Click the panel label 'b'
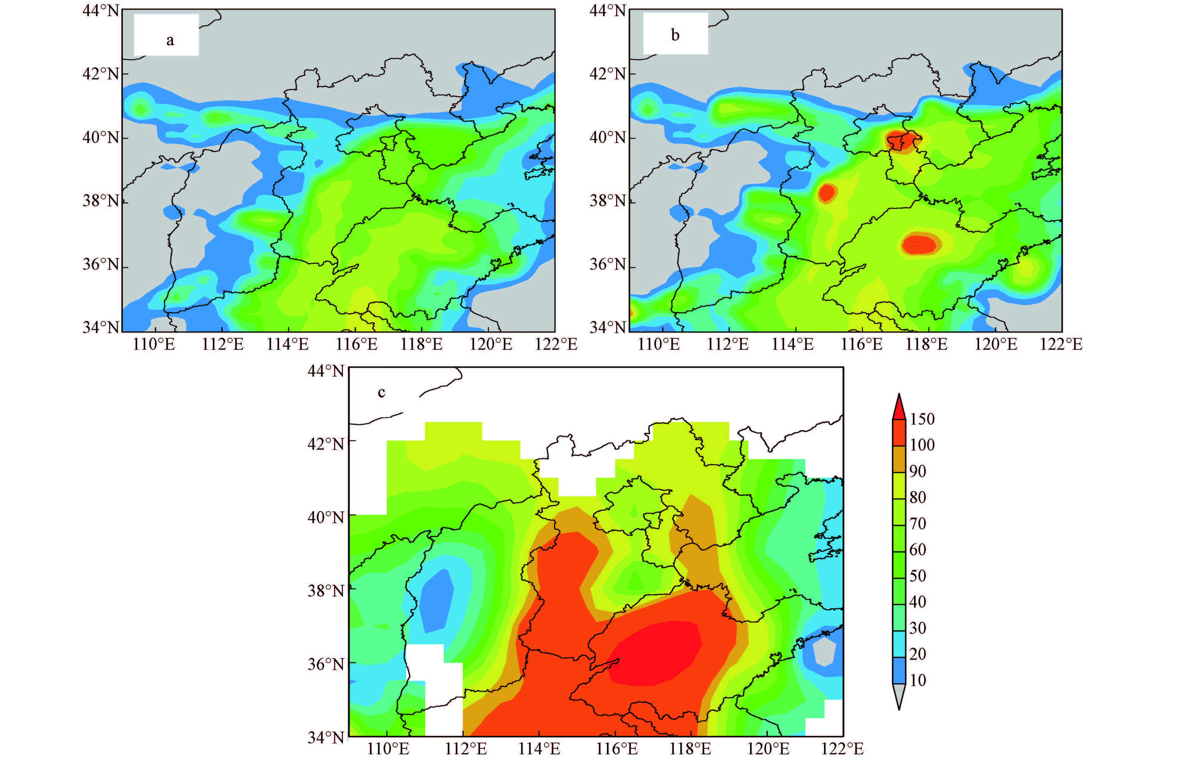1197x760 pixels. (675, 35)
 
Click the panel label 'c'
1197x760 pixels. (381, 392)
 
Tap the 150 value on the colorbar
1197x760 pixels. (922, 419)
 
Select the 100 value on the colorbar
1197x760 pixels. (922, 445)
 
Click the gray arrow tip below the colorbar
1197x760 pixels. (899, 697)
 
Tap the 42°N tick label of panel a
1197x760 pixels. (101, 74)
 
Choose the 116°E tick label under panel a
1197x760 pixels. (356, 344)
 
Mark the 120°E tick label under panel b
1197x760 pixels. (996, 344)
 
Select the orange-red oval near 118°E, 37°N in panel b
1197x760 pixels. (920, 244)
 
